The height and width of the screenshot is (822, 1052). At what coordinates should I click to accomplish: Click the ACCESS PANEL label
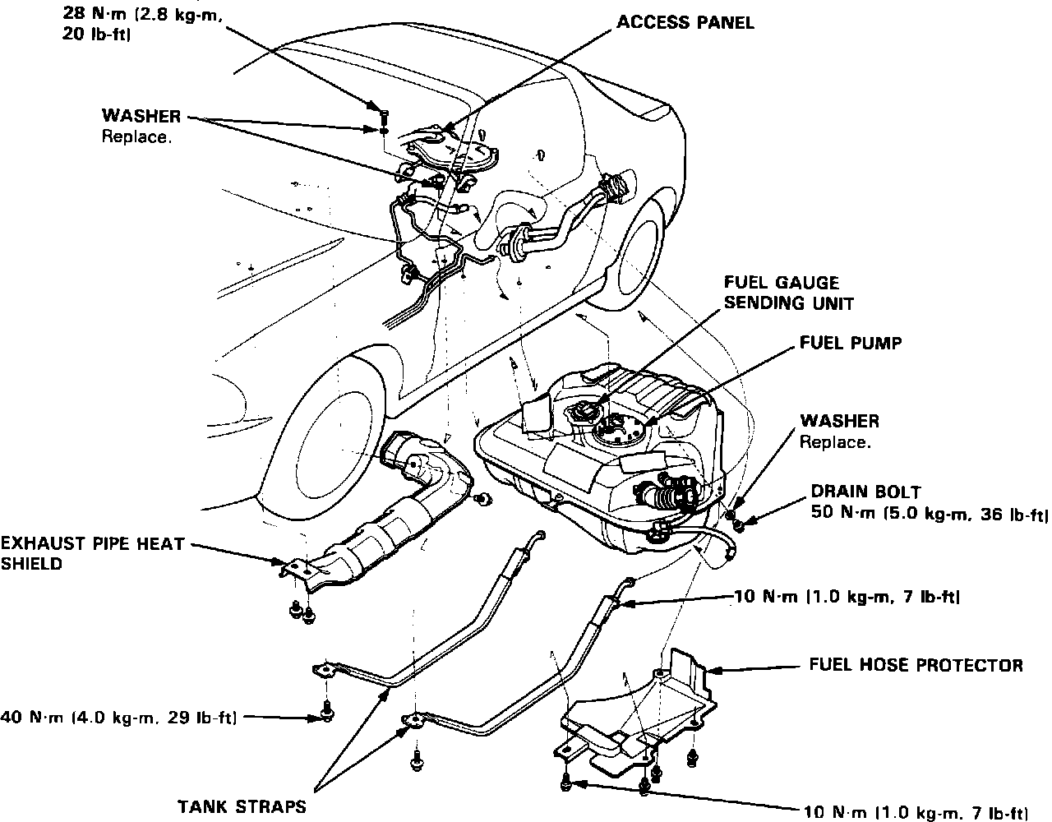685,22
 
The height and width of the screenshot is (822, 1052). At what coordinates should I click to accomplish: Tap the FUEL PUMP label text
851,343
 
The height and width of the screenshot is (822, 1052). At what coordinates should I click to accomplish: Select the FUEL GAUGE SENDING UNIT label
788,293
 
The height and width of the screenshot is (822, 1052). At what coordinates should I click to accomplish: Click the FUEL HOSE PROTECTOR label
916,665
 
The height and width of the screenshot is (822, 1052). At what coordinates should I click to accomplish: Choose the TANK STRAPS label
242,806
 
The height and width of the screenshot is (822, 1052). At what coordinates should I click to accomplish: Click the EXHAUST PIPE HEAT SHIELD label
92,553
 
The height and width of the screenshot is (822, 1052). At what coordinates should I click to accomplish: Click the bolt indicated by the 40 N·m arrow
326,712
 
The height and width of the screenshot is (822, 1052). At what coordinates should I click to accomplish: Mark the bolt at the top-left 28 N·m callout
384,113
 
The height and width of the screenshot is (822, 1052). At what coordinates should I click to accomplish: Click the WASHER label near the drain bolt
839,422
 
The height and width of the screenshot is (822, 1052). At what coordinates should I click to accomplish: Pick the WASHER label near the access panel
141,117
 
